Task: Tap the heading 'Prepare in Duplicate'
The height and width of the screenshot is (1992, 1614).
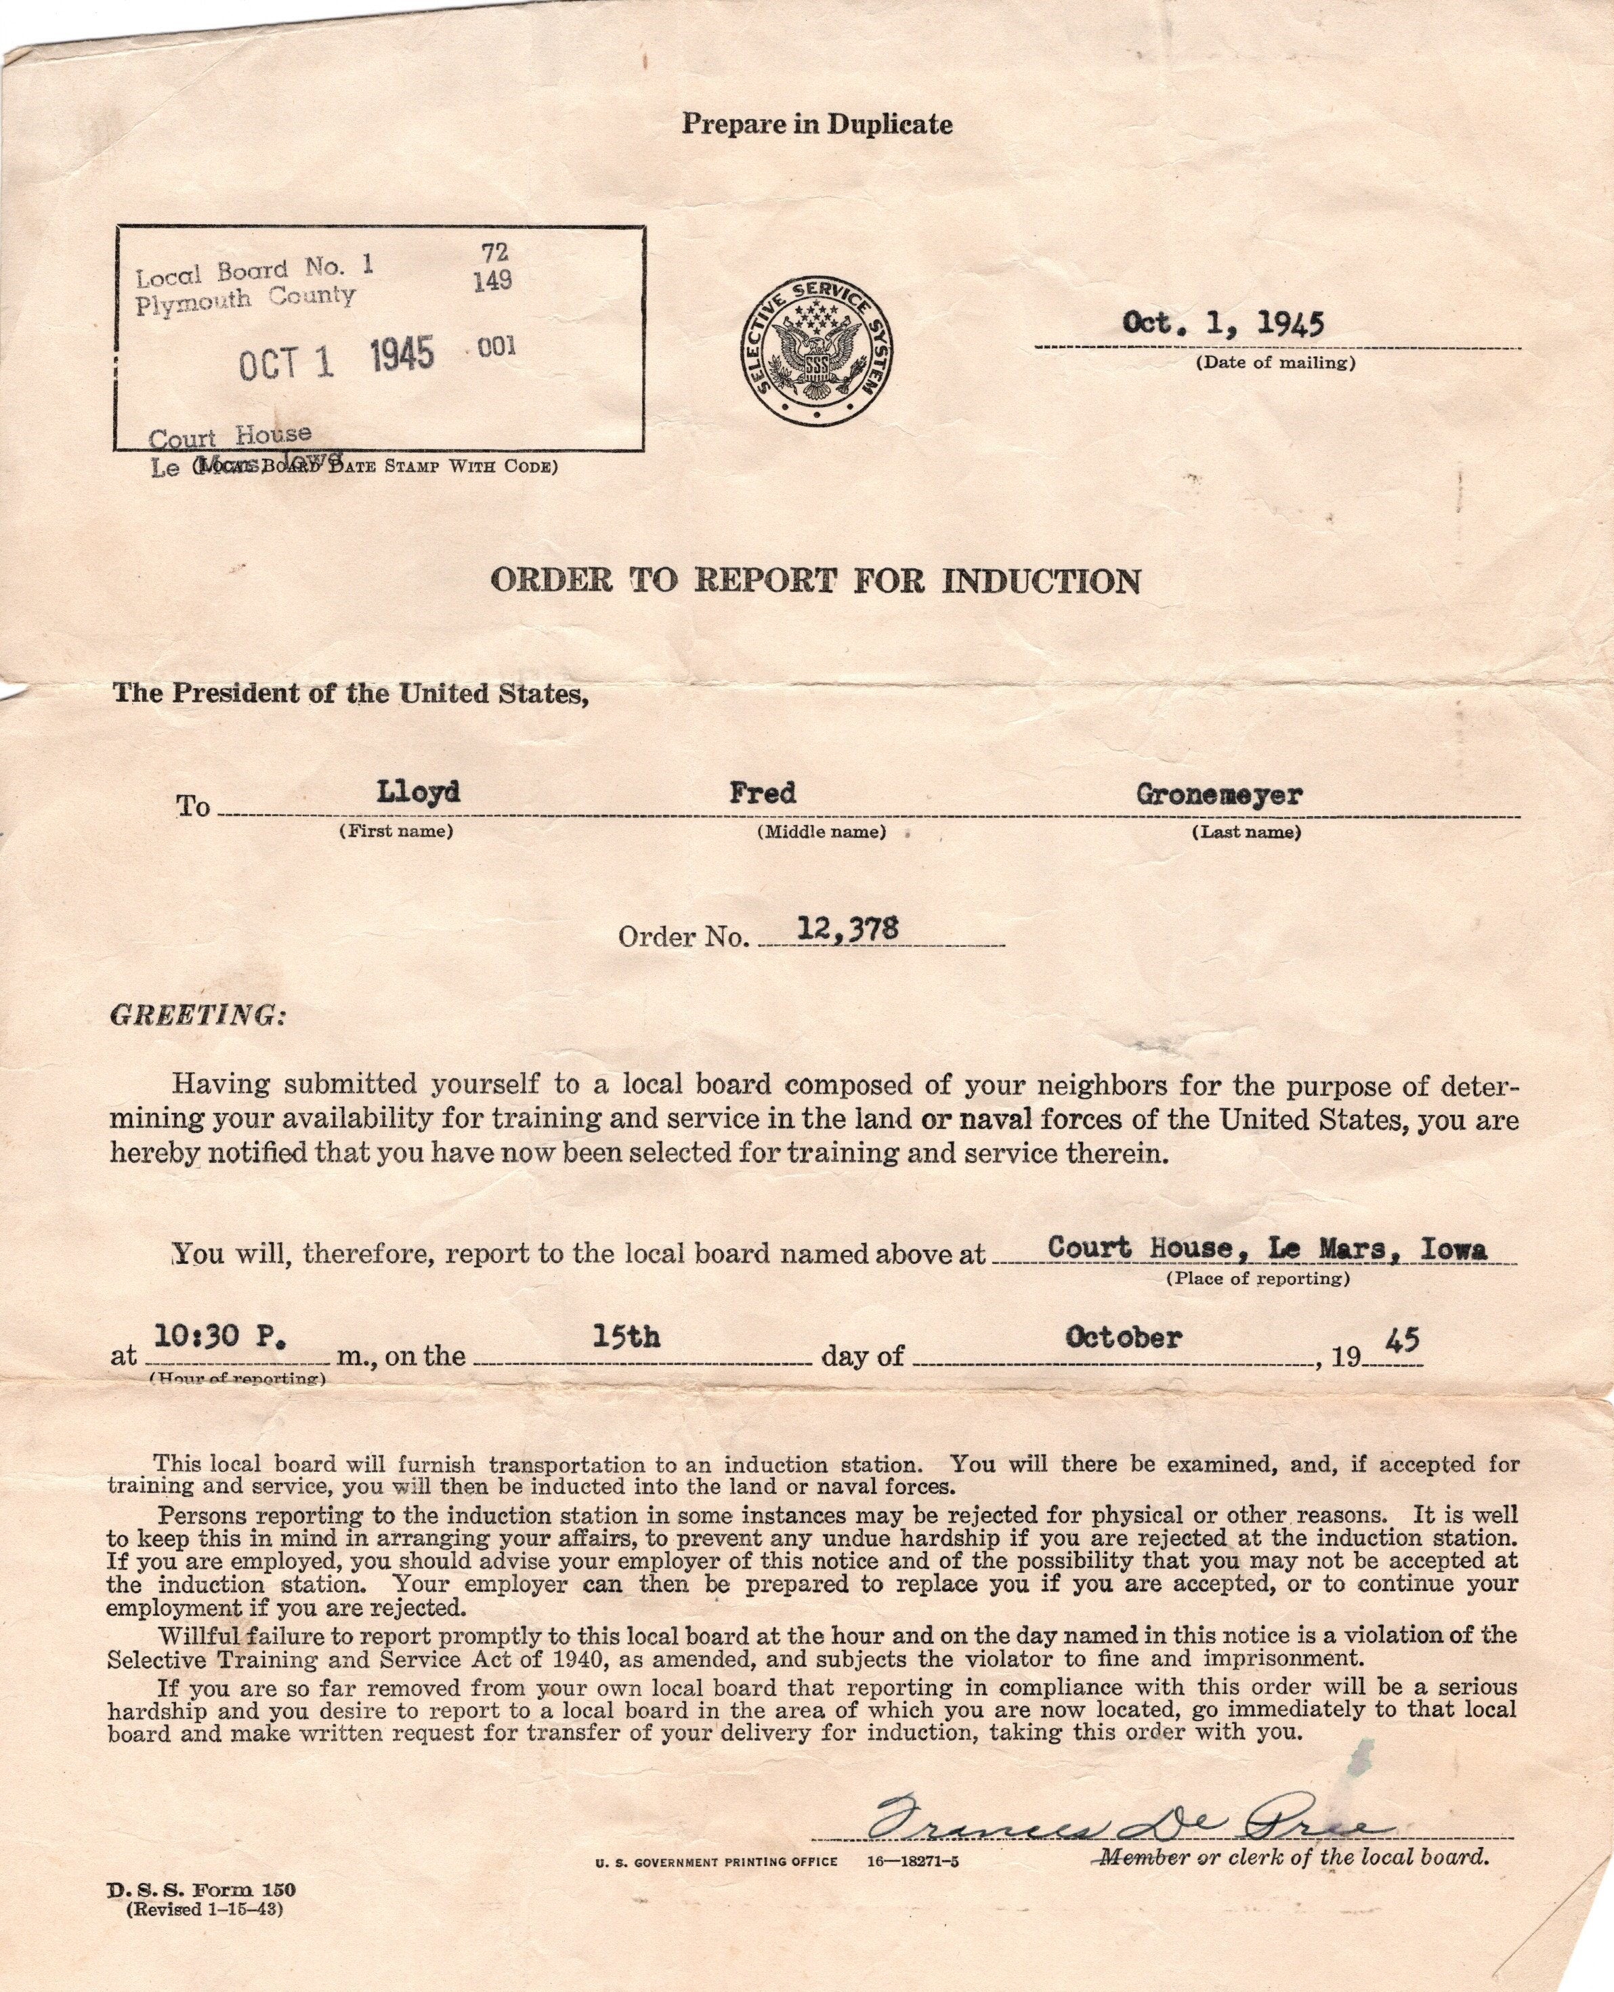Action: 816,124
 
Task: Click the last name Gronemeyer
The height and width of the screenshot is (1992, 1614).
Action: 1219,794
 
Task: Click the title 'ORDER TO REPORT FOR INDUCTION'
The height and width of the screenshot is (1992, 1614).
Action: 815,581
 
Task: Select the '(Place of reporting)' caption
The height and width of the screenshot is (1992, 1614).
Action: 1257,1278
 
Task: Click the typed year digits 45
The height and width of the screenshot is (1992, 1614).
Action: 1402,1340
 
